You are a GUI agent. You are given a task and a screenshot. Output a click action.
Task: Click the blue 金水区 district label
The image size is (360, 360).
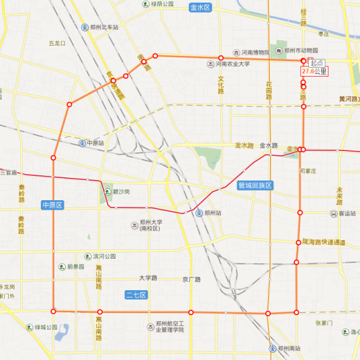coord(200,8)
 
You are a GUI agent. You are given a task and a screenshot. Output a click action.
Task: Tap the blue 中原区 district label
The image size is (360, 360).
coord(52,205)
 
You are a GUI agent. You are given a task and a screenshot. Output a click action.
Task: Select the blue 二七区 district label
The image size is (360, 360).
coord(136,295)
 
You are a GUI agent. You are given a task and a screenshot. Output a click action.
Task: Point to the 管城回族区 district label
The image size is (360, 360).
coord(255,186)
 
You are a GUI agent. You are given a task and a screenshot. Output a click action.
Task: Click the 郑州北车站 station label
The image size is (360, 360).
coord(104,28)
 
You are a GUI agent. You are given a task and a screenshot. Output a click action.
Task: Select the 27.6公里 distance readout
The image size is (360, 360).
coord(314,71)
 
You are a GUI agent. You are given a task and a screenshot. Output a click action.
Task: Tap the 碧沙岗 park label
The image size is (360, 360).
coord(120,191)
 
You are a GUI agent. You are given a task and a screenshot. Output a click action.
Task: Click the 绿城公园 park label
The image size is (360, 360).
coord(42,328)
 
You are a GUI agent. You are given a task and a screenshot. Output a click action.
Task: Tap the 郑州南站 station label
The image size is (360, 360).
coord(289,349)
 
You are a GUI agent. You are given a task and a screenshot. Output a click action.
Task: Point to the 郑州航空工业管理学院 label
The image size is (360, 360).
coord(174,326)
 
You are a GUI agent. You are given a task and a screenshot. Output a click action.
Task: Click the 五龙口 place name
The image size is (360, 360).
coord(57,44)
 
